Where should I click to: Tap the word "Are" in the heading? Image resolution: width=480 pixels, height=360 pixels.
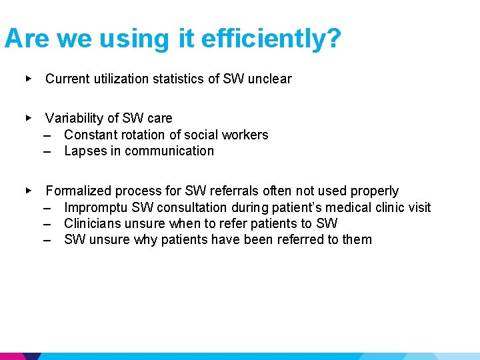coord(27,39)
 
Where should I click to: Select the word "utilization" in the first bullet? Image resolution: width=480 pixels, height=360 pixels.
coord(117,79)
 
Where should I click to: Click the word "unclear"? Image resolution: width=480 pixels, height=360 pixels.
coord(269,79)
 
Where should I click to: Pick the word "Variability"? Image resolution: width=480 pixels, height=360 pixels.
coord(74,118)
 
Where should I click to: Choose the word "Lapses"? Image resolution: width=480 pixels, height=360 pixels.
coord(85,151)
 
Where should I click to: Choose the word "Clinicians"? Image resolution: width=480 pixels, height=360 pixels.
coord(93,223)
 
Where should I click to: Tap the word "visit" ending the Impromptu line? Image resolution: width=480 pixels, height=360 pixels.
coord(419,207)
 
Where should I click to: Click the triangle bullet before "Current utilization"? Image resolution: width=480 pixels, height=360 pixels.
coord(28,79)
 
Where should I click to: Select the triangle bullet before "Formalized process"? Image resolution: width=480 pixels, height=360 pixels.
coord(28,191)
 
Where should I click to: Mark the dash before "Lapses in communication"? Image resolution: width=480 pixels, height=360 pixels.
coord(48,151)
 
